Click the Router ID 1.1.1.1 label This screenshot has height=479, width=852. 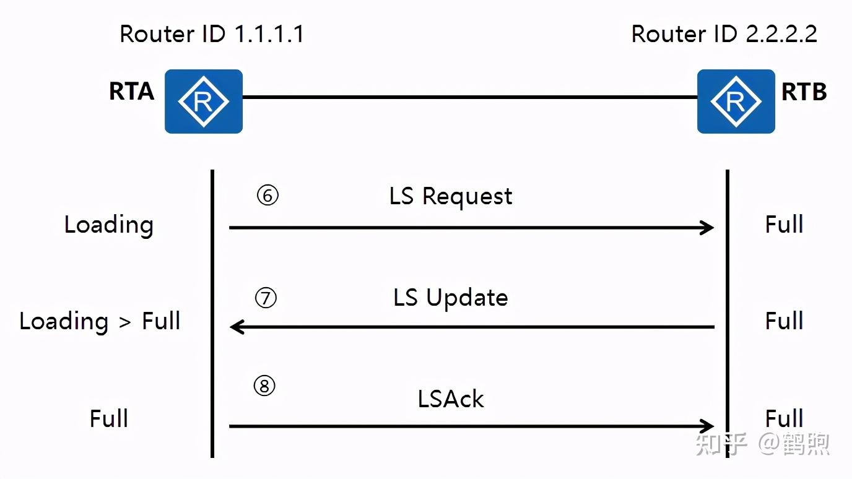click(212, 34)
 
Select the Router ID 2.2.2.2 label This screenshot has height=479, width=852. click(724, 34)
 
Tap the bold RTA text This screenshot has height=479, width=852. click(132, 91)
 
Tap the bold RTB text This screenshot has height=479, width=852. click(804, 92)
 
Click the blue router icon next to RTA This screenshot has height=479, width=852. click(204, 101)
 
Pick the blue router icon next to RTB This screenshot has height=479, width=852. click(736, 101)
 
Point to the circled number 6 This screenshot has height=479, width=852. click(267, 196)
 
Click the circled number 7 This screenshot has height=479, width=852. click(266, 298)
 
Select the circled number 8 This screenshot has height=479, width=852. click(264, 386)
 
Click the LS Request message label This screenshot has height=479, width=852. click(451, 197)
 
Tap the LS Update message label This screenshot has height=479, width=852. click(451, 298)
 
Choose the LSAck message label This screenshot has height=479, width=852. click(451, 399)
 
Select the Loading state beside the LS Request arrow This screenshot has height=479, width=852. click(109, 225)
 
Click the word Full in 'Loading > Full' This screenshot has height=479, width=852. click(161, 321)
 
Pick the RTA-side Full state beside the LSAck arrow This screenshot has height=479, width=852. click(109, 418)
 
